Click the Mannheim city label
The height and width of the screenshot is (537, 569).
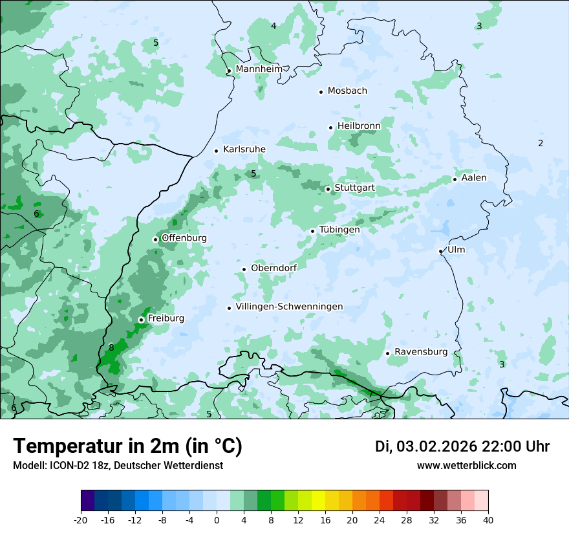point(259,69)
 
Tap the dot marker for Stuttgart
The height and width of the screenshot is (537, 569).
point(328,189)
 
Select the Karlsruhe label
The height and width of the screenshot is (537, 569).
point(244,149)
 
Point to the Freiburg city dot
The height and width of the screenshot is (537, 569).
point(141,320)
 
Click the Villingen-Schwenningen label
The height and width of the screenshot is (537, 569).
point(289,307)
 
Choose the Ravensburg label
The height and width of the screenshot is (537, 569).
point(420,352)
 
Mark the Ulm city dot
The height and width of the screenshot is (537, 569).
point(440,251)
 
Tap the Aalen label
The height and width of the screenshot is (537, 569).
point(474,178)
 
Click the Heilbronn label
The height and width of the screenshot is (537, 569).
point(359,126)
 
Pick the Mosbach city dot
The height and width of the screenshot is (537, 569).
point(321,92)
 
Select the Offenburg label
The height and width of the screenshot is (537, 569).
point(184,238)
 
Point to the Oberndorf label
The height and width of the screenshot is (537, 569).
point(274,268)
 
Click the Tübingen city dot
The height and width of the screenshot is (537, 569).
point(312,231)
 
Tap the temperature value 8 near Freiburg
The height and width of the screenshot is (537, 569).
point(111,347)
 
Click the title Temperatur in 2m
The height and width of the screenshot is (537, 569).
point(127,446)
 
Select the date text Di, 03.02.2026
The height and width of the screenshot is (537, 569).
point(425,446)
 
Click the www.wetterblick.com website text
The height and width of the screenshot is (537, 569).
point(466,465)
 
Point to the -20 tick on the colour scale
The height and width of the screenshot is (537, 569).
point(81,520)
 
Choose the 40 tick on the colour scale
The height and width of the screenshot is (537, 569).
point(488,520)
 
